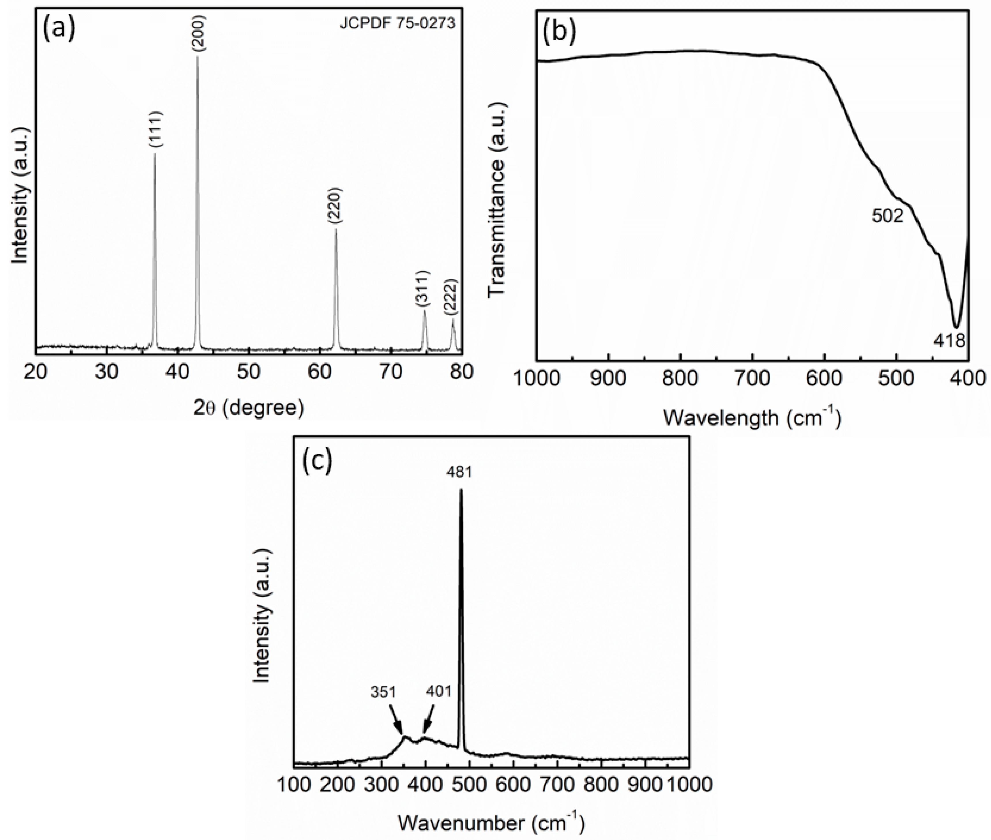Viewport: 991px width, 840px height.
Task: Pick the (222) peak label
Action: click(450, 298)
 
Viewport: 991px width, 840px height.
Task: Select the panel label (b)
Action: click(560, 32)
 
